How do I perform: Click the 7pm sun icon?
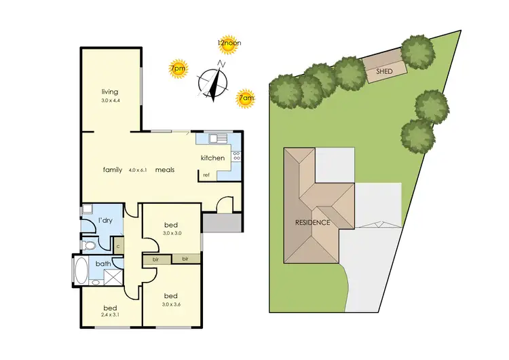[178, 69]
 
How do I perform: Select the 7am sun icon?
[246, 98]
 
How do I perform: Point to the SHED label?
[385, 70]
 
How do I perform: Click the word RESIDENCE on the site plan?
[312, 222]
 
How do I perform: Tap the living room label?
[110, 92]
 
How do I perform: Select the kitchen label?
[212, 158]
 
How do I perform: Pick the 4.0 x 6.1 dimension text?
[138, 170]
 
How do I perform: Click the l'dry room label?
[105, 221]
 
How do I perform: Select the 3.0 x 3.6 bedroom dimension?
[172, 304]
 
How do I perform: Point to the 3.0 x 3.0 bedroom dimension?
[172, 233]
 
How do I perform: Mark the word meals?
[164, 170]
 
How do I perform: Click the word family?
[113, 170]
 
